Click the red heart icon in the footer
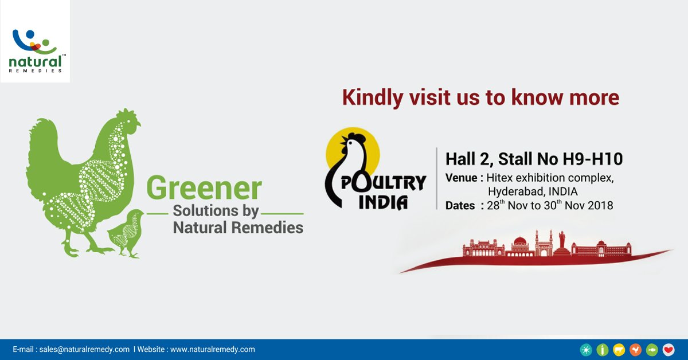click(669, 350)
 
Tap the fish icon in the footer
click(652, 350)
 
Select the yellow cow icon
click(619, 350)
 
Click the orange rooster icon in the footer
click(635, 350)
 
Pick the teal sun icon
click(585, 350)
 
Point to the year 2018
click(600, 205)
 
